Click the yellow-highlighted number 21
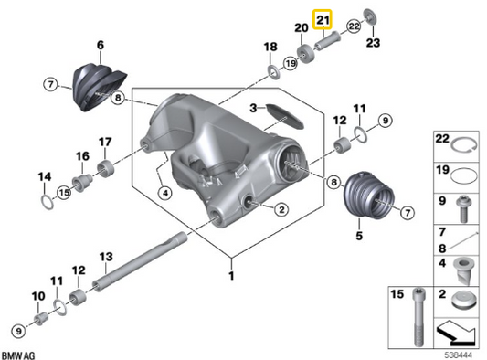click(x=323, y=20)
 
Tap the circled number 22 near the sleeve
click(x=354, y=26)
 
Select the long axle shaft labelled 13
click(x=140, y=262)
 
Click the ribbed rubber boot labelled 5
click(x=369, y=195)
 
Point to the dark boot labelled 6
click(x=98, y=87)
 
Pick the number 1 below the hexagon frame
click(x=231, y=276)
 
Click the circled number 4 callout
click(x=165, y=193)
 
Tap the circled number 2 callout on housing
click(x=281, y=209)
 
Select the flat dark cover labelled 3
click(x=285, y=116)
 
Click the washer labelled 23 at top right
click(x=370, y=16)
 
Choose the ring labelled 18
click(x=273, y=72)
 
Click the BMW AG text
click(x=18, y=355)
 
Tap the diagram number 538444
click(x=458, y=355)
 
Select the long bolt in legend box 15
click(x=418, y=317)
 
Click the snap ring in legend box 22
click(x=463, y=144)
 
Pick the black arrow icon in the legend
click(x=456, y=334)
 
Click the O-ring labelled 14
click(x=48, y=201)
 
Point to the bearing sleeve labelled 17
click(x=105, y=168)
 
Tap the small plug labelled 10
click(x=41, y=319)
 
